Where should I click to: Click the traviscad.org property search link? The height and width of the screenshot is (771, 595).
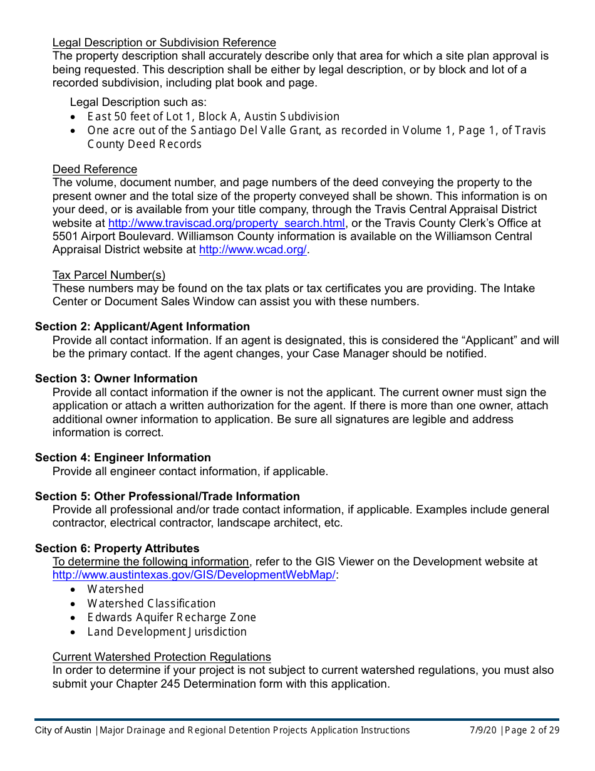(x=226, y=223)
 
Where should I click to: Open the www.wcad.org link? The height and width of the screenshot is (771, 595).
(x=253, y=249)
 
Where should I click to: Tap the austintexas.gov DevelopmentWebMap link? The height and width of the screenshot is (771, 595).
(x=194, y=575)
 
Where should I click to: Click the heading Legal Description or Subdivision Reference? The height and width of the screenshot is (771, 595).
(x=164, y=43)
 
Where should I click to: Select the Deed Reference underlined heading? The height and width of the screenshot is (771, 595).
(x=95, y=169)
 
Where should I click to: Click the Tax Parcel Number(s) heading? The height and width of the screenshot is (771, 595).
(x=109, y=275)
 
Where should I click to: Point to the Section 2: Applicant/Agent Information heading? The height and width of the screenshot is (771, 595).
(x=142, y=327)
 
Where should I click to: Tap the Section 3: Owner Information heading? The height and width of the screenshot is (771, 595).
(x=116, y=379)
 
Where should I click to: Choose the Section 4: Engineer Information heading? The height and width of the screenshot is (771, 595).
(x=123, y=458)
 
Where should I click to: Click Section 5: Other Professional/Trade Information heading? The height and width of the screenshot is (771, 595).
(x=167, y=496)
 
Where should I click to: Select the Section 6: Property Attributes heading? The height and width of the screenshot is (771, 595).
(x=117, y=548)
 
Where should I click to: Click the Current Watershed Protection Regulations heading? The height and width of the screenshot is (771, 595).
(x=162, y=657)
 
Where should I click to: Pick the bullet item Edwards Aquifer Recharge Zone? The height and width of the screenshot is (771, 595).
(x=172, y=617)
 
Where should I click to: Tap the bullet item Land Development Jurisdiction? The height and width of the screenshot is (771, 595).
(x=167, y=632)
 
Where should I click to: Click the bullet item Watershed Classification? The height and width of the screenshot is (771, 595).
(x=152, y=604)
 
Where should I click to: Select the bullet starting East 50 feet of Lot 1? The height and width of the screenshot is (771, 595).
(x=213, y=117)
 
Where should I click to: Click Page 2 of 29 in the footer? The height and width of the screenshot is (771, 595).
(x=532, y=730)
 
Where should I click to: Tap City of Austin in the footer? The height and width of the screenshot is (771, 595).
(x=63, y=730)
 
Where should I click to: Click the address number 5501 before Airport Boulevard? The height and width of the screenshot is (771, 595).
(x=65, y=236)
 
